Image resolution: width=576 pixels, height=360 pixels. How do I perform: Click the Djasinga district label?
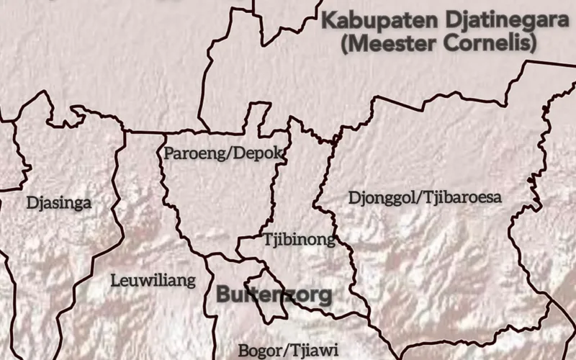(59, 203)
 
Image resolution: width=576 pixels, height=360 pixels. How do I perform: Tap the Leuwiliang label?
(153, 281)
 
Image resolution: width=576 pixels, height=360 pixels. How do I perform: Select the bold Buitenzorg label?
(274, 294)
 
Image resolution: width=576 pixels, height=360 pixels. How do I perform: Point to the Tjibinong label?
(299, 240)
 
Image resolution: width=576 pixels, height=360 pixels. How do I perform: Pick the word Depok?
(263, 153)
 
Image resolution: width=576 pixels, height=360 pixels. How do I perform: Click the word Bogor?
(260, 351)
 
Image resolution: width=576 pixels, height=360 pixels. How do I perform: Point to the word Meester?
(391, 44)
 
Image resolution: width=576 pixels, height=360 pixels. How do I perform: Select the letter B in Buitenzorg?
(224, 294)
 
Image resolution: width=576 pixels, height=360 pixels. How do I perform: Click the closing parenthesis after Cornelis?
(534, 45)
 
